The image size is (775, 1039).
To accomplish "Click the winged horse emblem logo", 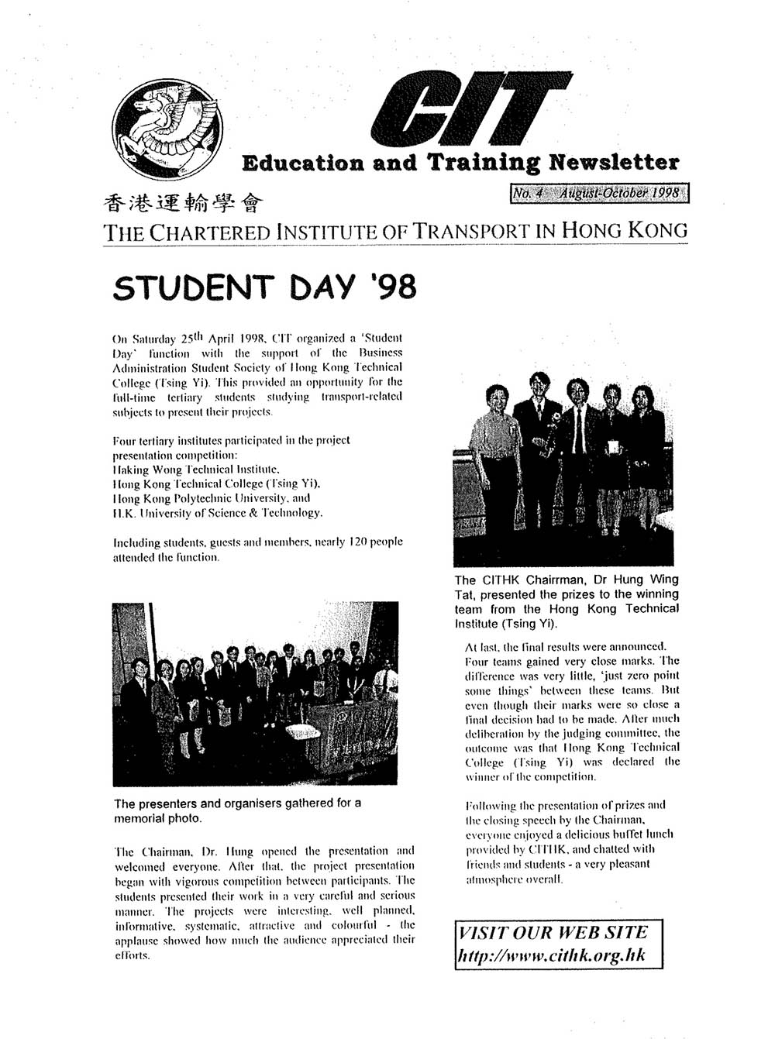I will tap(167, 129).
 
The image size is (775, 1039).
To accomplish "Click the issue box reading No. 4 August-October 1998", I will tap(599, 193).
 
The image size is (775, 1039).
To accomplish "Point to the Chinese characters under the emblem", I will tap(183, 203).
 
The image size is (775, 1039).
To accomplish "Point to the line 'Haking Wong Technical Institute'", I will tap(196, 470).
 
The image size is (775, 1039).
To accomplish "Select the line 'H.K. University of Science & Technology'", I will tap(218, 513).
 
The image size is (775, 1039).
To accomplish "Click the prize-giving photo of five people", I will tap(563, 471).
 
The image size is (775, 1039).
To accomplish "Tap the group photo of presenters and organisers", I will tap(255, 693).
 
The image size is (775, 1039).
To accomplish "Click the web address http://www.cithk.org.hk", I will tap(551, 955).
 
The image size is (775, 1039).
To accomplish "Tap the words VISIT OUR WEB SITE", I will tap(553, 932).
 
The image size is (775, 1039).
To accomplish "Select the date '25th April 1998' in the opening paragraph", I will tap(224, 339).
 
